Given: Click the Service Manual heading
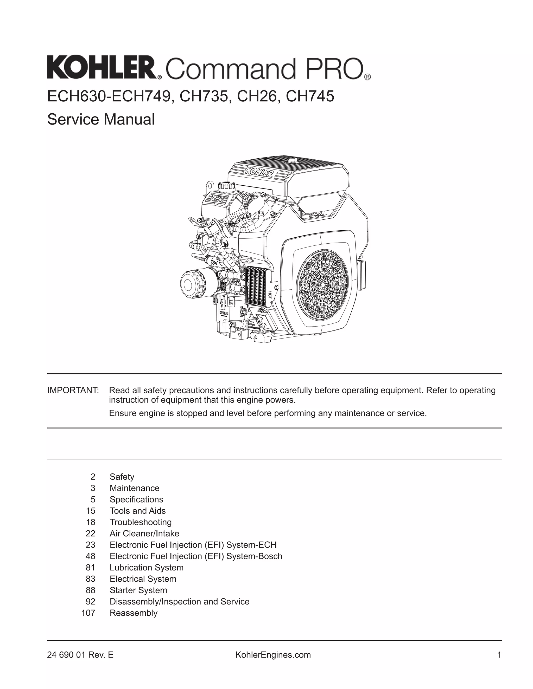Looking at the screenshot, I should coord(101,119).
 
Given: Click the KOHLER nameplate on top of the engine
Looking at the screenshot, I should coord(258,172).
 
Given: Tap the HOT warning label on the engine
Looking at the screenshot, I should coord(270,295).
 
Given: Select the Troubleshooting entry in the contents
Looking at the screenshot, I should coord(141,522).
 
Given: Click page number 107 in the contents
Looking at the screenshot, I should coord(88,613).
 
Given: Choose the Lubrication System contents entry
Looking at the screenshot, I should coord(147,568).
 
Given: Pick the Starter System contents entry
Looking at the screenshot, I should coord(138,590).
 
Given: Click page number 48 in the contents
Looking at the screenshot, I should coord(90,556).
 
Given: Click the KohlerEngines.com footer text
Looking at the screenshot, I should coord(273,655).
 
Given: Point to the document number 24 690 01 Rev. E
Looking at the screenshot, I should coord(80,655).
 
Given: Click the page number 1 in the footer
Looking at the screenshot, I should coord(499,655).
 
